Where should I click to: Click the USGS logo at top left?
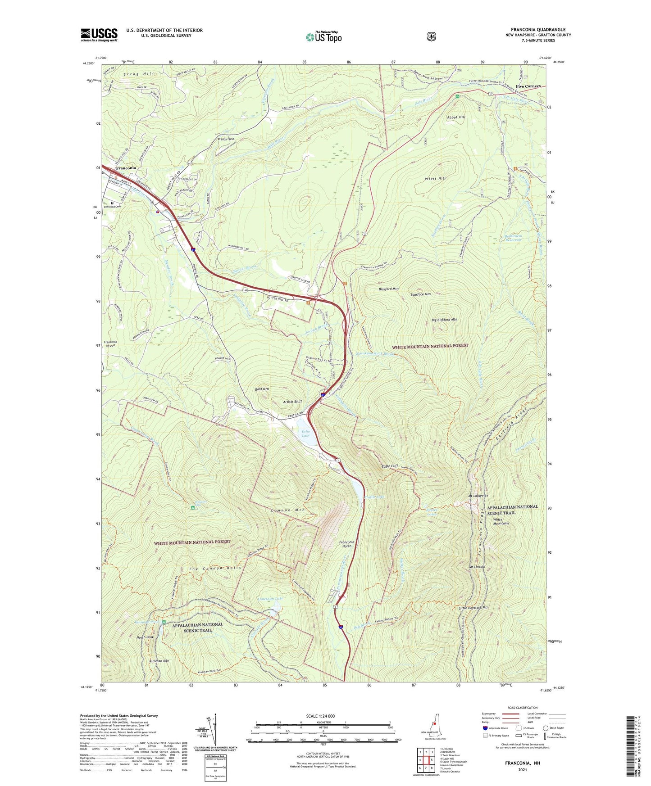click(x=99, y=35)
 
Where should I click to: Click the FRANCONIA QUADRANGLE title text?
click(x=538, y=29)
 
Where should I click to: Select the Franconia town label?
click(x=126, y=168)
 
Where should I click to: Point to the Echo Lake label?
click(x=306, y=434)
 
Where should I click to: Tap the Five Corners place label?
click(x=528, y=86)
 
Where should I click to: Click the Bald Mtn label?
click(x=262, y=388)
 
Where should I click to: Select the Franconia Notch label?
click(x=347, y=544)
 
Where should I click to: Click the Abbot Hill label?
click(x=456, y=117)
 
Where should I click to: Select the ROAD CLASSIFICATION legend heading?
click(x=523, y=708)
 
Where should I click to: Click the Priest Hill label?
click(x=435, y=178)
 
